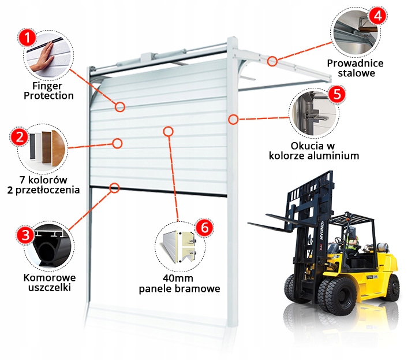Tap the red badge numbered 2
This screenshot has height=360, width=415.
point(18,137)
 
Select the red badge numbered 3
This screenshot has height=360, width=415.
point(24,235)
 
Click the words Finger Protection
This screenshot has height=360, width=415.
point(48,91)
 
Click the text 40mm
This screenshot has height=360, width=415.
point(179,278)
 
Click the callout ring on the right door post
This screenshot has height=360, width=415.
point(233,120)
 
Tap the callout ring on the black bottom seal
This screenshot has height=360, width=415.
point(114,187)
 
